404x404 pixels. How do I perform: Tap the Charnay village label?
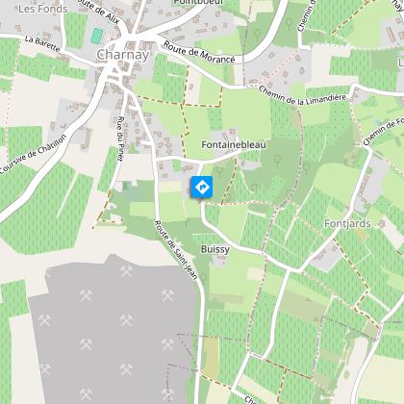click(x=122, y=55)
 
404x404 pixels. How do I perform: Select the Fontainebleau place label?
click(x=233, y=144)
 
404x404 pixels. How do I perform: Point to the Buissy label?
click(x=214, y=248)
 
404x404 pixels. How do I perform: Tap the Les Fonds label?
click(x=38, y=9)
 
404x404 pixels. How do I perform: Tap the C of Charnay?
click(x=101, y=55)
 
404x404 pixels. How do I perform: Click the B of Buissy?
click(x=203, y=248)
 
